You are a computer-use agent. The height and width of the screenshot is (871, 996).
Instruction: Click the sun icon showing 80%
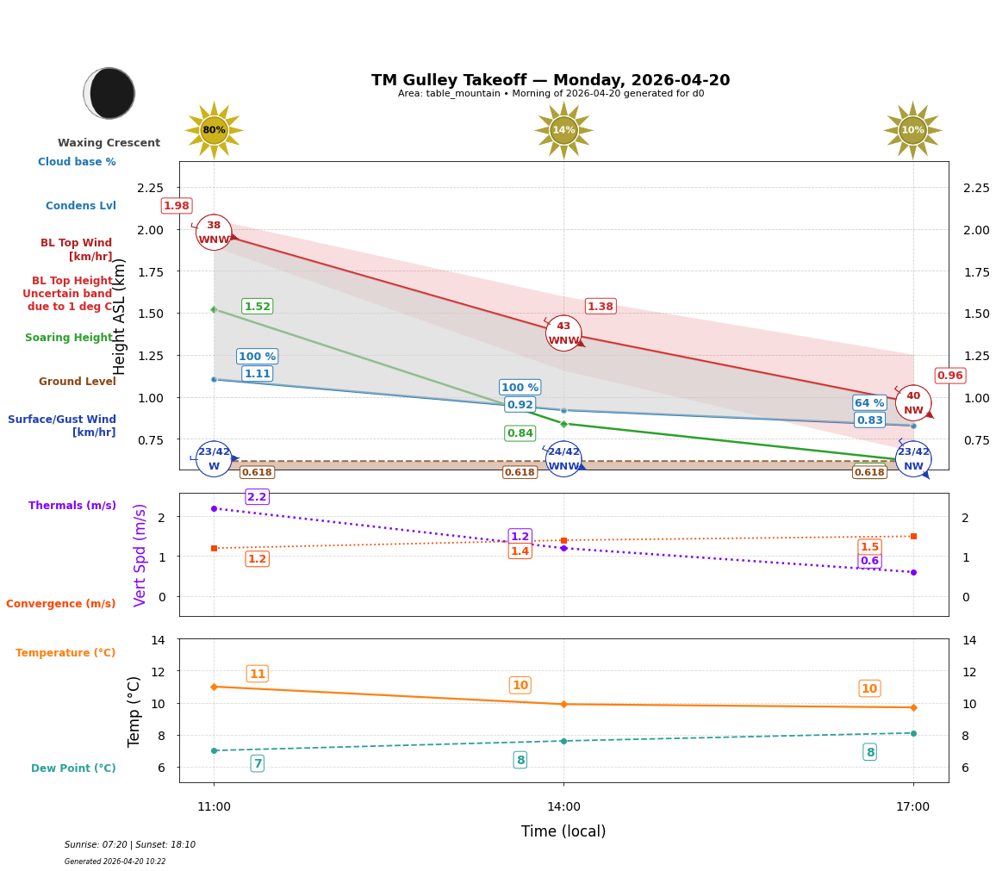[214, 130]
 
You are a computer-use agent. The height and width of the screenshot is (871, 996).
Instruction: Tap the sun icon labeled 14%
[563, 130]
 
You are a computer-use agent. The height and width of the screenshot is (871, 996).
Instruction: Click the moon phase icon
[109, 93]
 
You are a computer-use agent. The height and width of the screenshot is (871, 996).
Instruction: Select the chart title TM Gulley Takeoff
[550, 80]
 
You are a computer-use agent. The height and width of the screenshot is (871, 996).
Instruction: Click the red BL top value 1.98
[177, 206]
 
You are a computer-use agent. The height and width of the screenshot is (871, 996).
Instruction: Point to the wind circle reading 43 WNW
[563, 333]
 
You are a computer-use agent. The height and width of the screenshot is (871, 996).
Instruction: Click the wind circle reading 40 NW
[912, 403]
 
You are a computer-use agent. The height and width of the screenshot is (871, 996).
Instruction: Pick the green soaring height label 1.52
[257, 307]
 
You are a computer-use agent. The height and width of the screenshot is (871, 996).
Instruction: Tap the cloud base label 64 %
[869, 403]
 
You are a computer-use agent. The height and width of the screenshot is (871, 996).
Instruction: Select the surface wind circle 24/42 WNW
[563, 459]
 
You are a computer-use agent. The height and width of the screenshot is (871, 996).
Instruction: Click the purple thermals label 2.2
[257, 497]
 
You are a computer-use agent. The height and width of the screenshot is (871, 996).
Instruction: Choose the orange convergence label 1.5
[869, 547]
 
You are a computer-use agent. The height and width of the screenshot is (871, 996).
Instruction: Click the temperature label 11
[257, 674]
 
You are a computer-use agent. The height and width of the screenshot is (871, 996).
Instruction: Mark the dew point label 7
[257, 763]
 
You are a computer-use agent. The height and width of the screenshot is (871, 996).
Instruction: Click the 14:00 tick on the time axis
[563, 807]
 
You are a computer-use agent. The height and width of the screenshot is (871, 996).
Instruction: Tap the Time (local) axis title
[563, 831]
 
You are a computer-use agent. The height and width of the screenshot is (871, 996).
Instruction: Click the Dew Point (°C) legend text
[73, 768]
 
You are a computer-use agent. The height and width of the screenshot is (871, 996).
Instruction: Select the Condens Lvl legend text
[81, 206]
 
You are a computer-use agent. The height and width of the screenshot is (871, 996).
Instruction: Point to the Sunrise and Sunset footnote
[130, 845]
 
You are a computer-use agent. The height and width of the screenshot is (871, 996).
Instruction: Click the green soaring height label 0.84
[520, 433]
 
